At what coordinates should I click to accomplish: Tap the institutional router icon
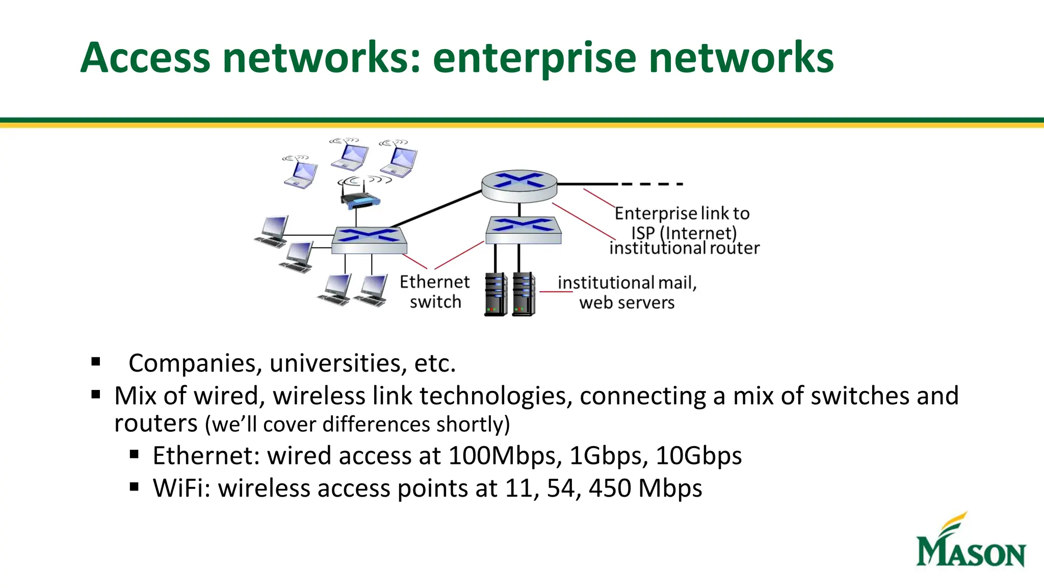coord(519,186)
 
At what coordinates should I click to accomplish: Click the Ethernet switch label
coord(434,291)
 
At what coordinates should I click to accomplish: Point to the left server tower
coord(495,295)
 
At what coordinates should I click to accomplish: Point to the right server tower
coord(524,295)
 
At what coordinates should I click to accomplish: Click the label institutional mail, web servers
coord(627,292)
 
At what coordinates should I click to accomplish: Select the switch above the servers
coord(523,230)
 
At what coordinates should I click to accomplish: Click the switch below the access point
coord(369,240)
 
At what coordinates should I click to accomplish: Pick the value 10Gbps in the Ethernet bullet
coord(698,456)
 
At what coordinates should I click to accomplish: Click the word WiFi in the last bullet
coord(181,488)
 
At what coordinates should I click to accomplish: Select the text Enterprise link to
coord(682,213)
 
